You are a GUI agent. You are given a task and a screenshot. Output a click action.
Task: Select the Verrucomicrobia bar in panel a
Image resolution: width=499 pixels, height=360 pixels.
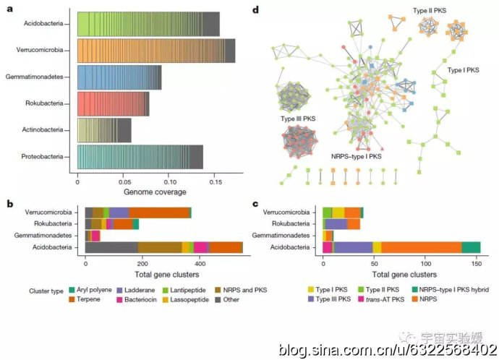(x=155, y=50)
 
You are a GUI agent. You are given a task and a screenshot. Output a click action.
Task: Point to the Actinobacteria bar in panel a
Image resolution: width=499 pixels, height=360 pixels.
(x=104, y=130)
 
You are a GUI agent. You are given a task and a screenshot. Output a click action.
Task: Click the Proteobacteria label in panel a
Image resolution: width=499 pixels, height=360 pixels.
(x=48, y=156)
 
